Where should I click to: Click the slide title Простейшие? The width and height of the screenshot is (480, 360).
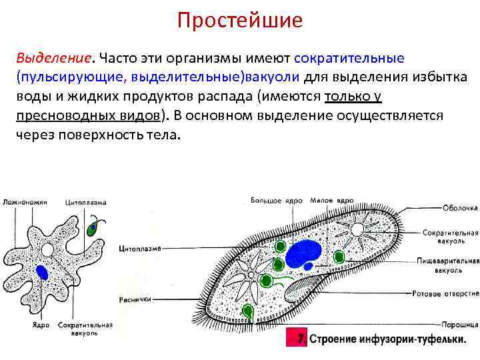pos(239,21)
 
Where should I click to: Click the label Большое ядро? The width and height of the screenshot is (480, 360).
pos(277,200)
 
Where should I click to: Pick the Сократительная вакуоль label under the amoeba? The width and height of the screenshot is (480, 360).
pos(86,329)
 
